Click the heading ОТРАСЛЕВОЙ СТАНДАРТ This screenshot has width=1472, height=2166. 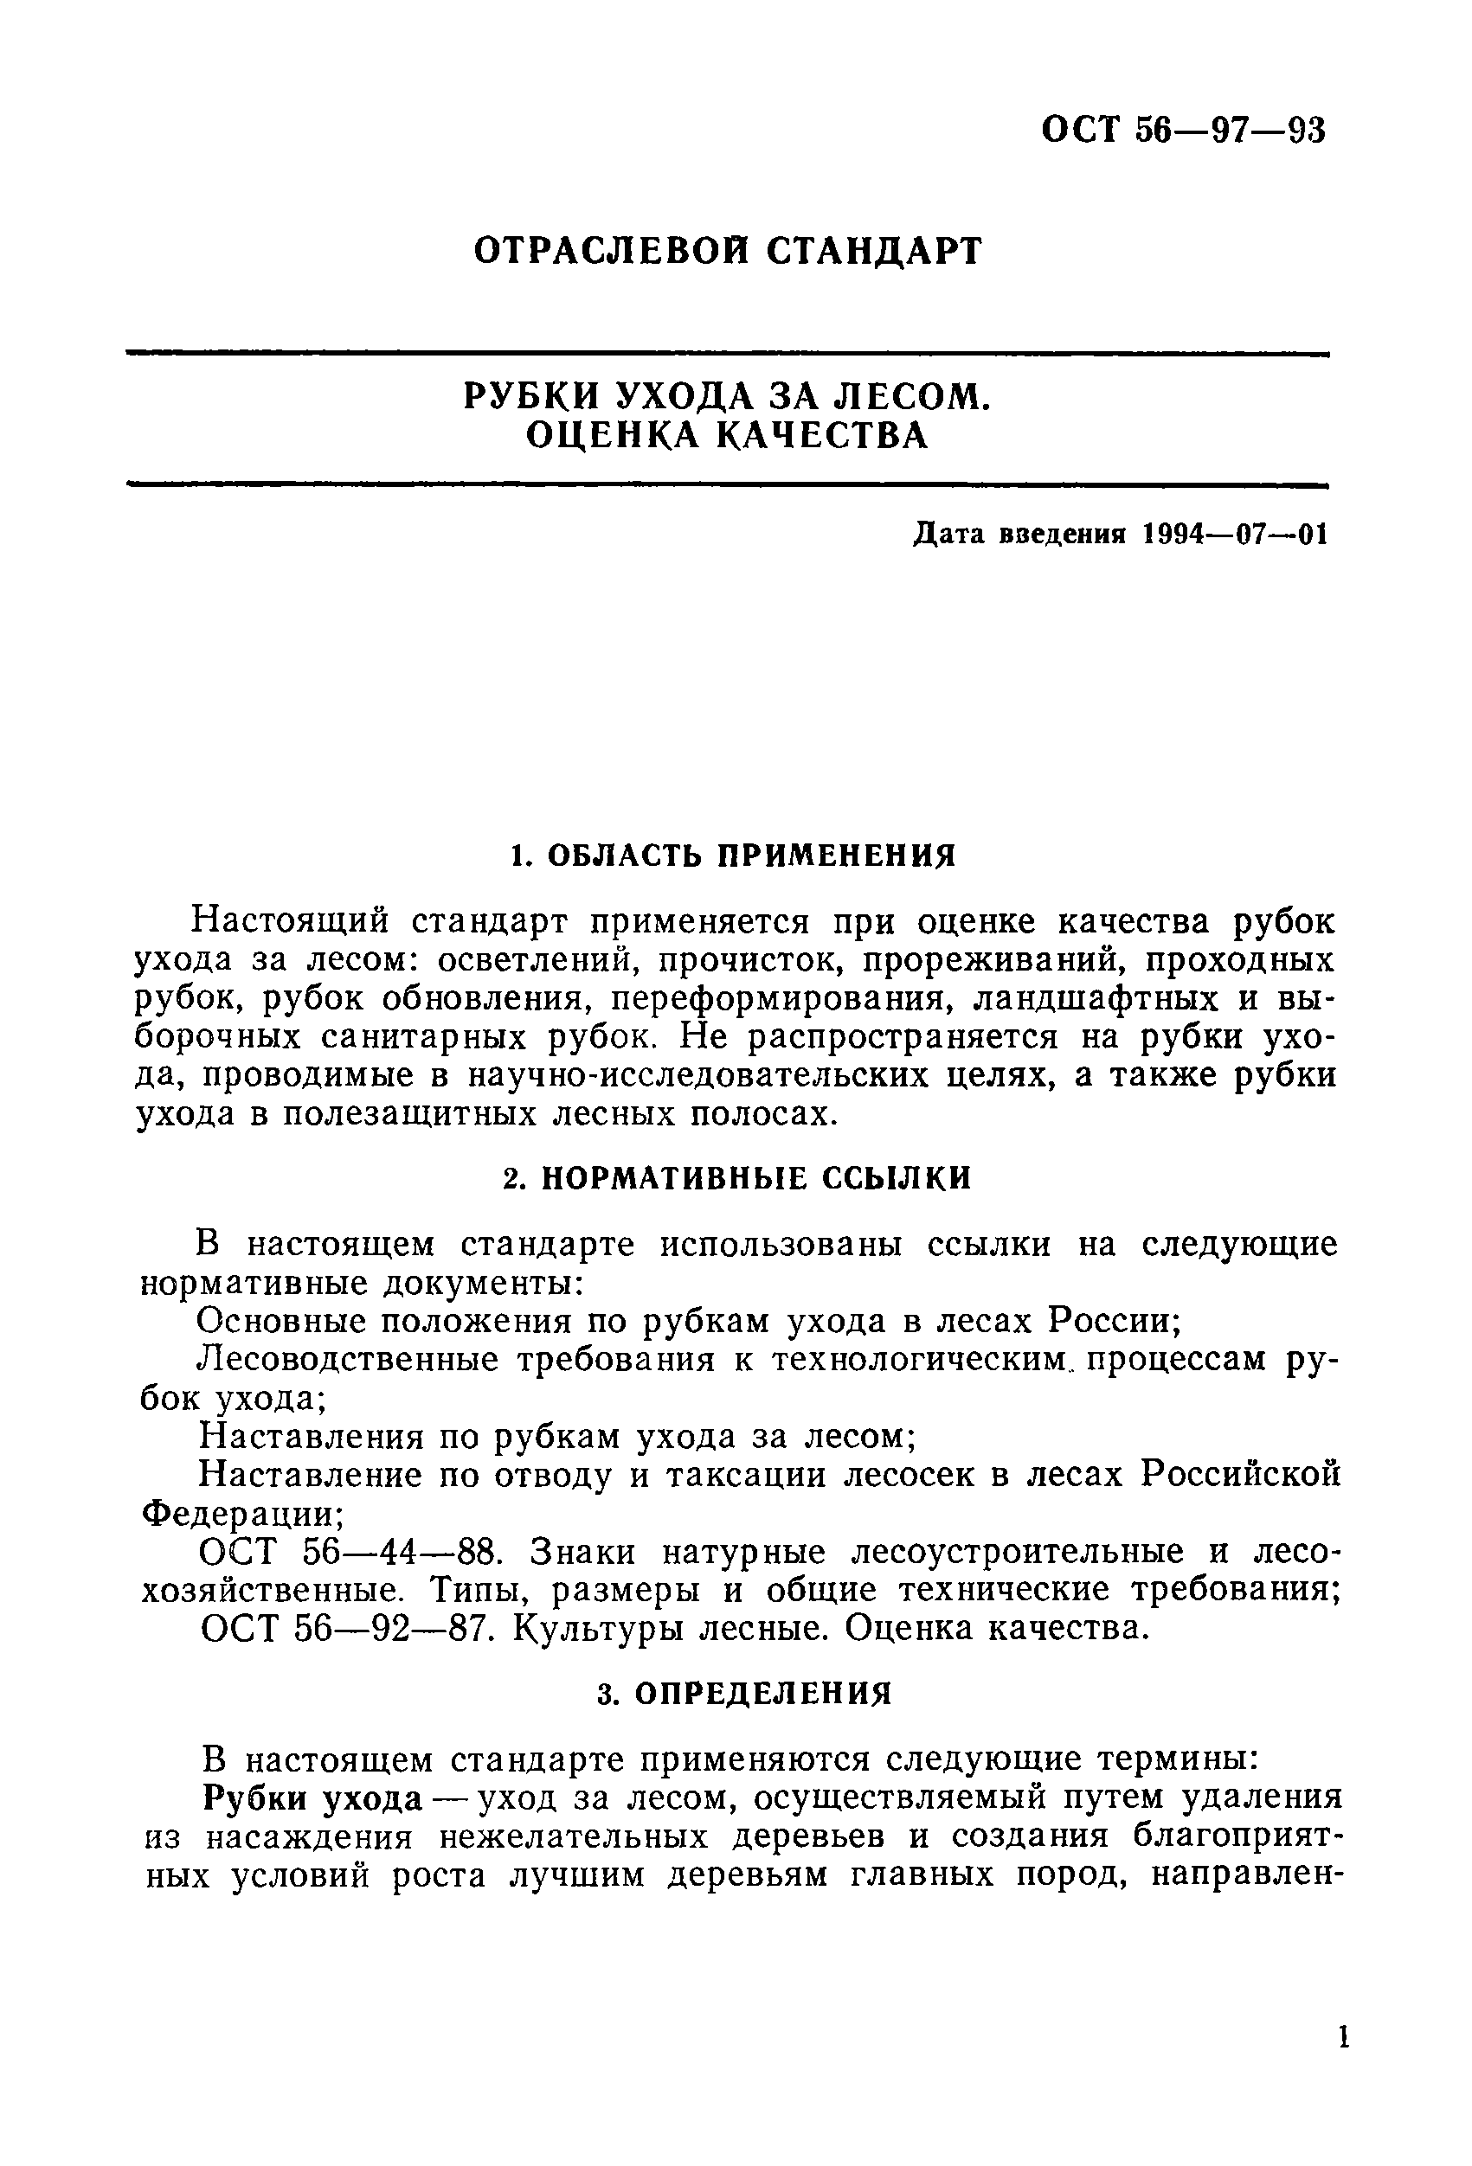click(x=728, y=251)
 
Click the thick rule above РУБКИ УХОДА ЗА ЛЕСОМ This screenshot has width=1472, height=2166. click(x=727, y=353)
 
